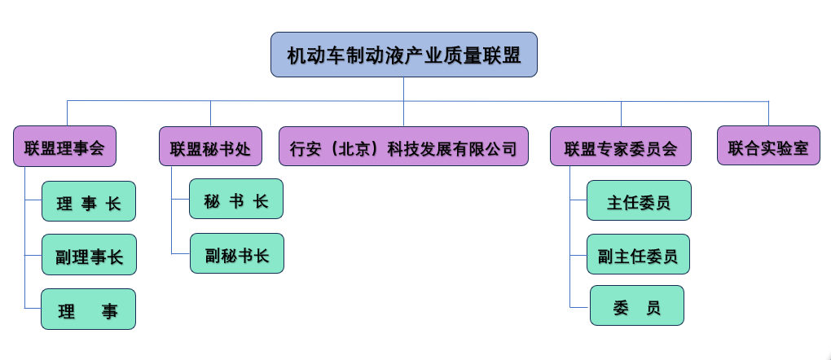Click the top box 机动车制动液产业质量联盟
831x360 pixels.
pos(404,55)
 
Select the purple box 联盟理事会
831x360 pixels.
pos(64,147)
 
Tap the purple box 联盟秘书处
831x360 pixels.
pos(210,147)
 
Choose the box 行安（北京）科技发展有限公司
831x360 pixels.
pos(403,147)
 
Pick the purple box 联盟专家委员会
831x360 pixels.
pos(621,147)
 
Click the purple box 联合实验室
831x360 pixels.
pos(768,146)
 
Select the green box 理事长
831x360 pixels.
pos(89,201)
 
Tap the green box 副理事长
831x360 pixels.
pos(89,255)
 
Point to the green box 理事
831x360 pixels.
pos(88,310)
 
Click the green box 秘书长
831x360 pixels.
pos(235,199)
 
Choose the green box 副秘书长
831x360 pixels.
pos(237,253)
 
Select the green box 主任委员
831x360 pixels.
pos(639,200)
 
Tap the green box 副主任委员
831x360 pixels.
pos(638,254)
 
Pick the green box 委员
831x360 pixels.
pos(636,305)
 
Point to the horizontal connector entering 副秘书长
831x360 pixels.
pos(181,254)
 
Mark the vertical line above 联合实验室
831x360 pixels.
pos(768,113)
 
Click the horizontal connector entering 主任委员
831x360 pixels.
pos(578,200)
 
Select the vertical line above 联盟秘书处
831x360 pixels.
pos(210,113)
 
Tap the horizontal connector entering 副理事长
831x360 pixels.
pos(33,255)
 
